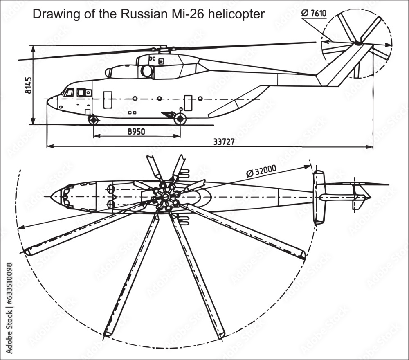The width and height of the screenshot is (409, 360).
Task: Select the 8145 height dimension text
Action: coord(28,85)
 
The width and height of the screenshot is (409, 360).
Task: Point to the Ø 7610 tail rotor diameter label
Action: coord(314,13)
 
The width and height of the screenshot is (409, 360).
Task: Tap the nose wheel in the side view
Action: coord(94,120)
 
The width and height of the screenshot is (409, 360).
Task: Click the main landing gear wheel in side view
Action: coord(180,119)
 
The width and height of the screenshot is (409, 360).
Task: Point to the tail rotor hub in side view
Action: coord(358,43)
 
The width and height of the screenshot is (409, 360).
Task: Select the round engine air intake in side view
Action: coord(146,71)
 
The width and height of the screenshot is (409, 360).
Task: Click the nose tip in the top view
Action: coord(51,197)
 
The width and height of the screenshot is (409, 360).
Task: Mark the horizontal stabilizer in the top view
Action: coord(319,197)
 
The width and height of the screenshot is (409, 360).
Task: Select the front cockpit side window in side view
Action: coord(69,93)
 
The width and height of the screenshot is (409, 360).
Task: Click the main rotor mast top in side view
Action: coord(163,48)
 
